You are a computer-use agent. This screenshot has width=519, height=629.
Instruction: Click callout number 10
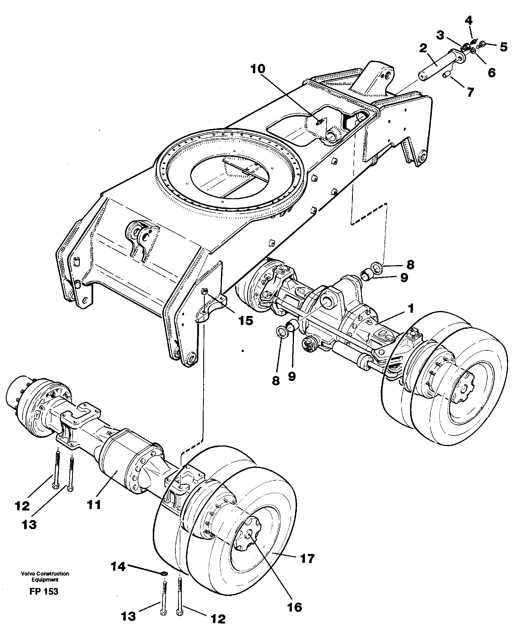point(258,69)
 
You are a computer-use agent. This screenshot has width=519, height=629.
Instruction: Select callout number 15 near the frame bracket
point(245,321)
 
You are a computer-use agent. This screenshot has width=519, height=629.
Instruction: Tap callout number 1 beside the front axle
point(411,308)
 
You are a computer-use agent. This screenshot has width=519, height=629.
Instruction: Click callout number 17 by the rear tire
point(307,558)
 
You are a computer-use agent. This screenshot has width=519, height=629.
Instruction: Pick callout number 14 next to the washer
point(118,566)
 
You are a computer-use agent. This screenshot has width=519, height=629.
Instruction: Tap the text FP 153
point(44,591)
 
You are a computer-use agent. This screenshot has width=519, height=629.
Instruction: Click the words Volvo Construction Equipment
point(45,576)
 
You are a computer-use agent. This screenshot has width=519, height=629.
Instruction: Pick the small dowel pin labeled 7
point(447,74)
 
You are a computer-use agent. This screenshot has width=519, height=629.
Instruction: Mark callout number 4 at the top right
point(468,21)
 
